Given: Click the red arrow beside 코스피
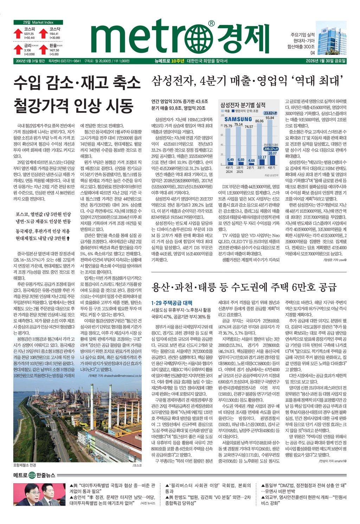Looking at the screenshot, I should pos(18,33).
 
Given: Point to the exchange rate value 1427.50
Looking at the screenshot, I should pos(54,50).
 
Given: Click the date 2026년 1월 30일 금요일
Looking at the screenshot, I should pos(326,61).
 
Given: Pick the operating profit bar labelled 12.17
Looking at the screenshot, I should pos(262,162).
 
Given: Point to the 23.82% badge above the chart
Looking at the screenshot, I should pos(271,113).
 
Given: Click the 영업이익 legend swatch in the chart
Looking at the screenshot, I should pos(233,111).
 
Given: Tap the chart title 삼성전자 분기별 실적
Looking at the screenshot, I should pos(243,105).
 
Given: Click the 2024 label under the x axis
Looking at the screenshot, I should pos(229,172).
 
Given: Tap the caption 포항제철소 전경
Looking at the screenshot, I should pos(25,465).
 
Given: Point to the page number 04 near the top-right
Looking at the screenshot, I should pos(313,53).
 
